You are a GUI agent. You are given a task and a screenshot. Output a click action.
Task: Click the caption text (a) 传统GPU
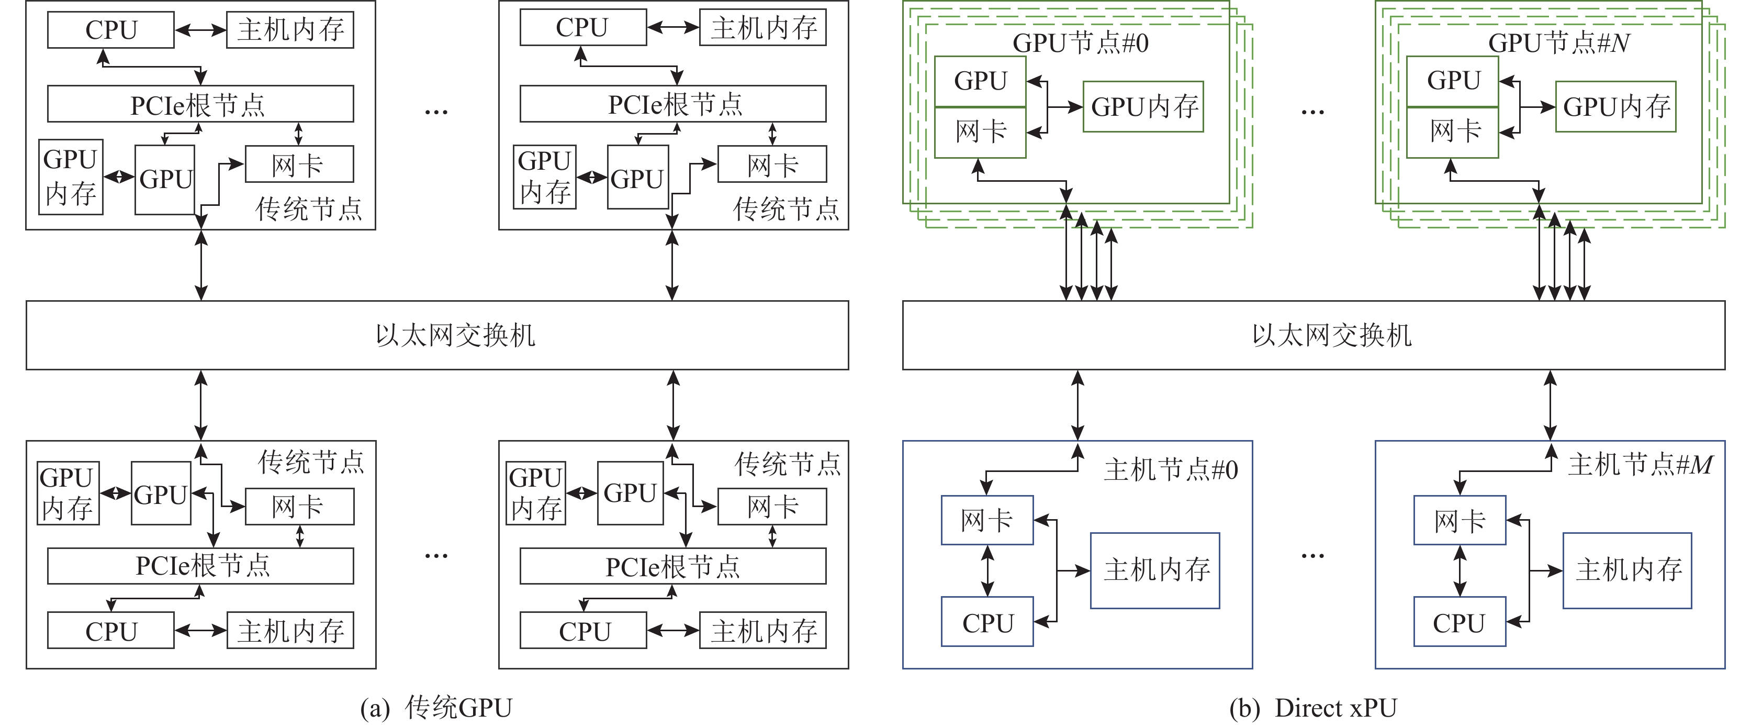[x=436, y=708]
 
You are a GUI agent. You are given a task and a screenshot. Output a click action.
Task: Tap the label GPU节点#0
[x=1080, y=43]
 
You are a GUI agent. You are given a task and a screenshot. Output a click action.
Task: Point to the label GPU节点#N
[x=1558, y=43]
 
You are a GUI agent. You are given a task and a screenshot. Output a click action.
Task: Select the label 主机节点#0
[x=1171, y=470]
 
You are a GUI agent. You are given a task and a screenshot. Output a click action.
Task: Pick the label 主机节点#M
[x=1640, y=465]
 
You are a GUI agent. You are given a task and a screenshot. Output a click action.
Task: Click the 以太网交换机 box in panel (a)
[x=437, y=335]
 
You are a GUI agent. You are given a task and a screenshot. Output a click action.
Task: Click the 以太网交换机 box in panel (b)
[x=1314, y=335]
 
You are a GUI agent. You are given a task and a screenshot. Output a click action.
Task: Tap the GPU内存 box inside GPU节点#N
[x=1616, y=107]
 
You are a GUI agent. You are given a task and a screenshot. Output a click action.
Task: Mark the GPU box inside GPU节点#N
[x=1453, y=81]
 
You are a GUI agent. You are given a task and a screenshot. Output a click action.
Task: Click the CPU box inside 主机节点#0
[x=987, y=622]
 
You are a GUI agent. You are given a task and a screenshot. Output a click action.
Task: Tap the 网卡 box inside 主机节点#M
[x=1460, y=520]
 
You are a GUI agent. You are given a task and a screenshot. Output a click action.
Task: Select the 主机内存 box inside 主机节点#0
[x=1154, y=570]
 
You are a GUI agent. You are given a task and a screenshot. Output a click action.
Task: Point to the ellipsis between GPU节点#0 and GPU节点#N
[x=1312, y=111]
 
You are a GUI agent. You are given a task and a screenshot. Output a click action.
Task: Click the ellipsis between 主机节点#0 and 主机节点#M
[x=1312, y=556]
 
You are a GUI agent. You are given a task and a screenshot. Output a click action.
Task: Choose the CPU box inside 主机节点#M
[x=1460, y=622]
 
